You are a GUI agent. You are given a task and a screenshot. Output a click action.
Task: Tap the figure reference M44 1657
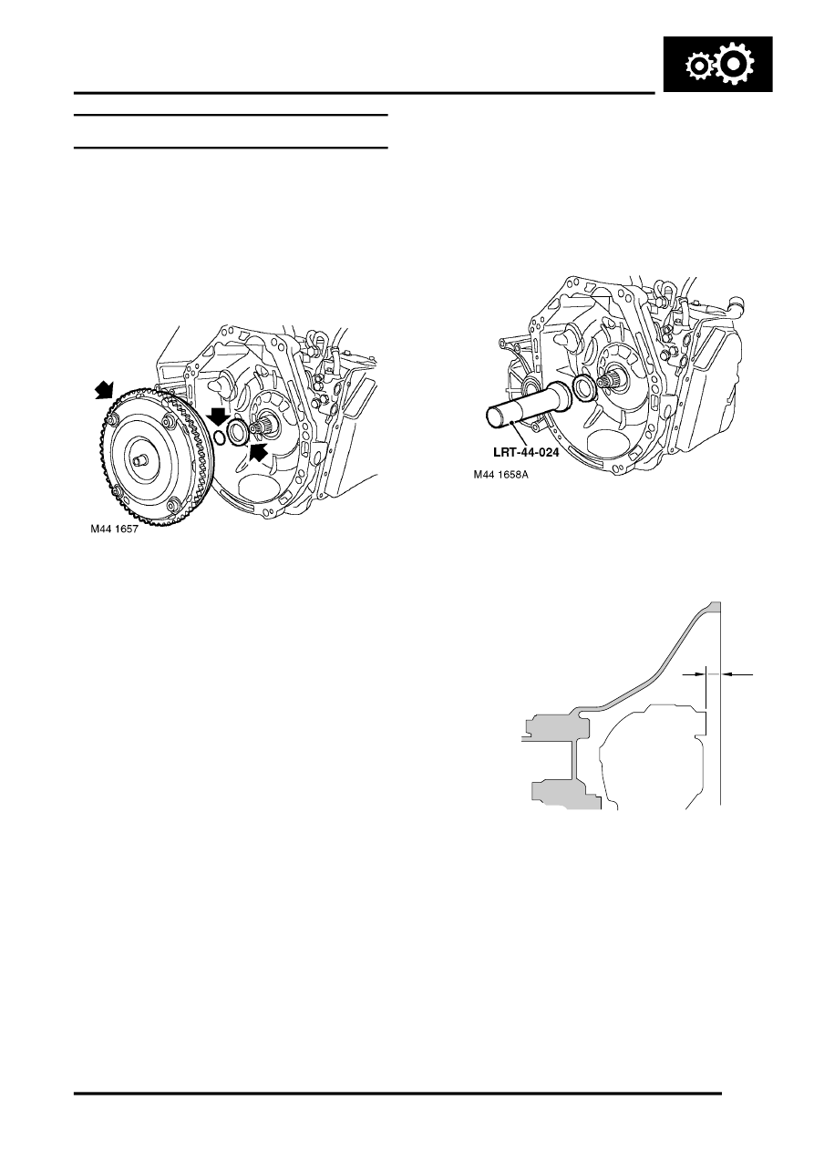coord(115,529)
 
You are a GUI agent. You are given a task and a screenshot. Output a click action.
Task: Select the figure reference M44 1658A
coord(500,475)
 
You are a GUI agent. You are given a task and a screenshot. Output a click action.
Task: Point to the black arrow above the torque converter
coord(104,390)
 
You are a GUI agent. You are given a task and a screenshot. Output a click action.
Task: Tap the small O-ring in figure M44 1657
coord(219,437)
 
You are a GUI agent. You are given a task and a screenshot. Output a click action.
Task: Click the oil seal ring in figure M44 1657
coord(238,433)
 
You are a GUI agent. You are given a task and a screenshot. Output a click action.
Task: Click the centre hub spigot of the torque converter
coord(138,460)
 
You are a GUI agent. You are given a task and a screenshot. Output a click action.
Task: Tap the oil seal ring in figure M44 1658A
coord(583,386)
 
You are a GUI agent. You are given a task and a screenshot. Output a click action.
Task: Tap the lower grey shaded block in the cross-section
coord(565,796)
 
